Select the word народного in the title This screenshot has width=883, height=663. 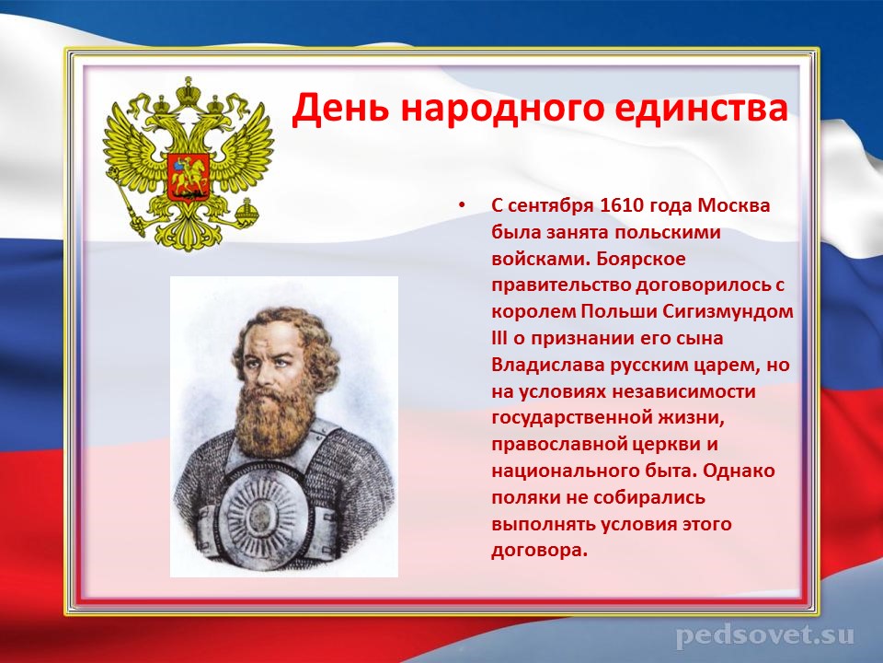point(501,110)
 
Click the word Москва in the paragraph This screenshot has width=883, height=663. point(734,205)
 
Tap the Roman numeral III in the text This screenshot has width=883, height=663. point(499,338)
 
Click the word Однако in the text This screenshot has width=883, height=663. point(739,471)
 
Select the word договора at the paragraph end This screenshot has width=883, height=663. point(538,551)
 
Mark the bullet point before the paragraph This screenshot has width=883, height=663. point(463,205)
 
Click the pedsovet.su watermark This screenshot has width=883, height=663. point(764,635)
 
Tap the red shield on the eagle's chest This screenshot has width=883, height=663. point(188,176)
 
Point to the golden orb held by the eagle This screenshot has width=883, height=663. point(247,212)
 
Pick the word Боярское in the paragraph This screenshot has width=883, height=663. point(641,259)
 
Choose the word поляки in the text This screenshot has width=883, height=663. point(526,498)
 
